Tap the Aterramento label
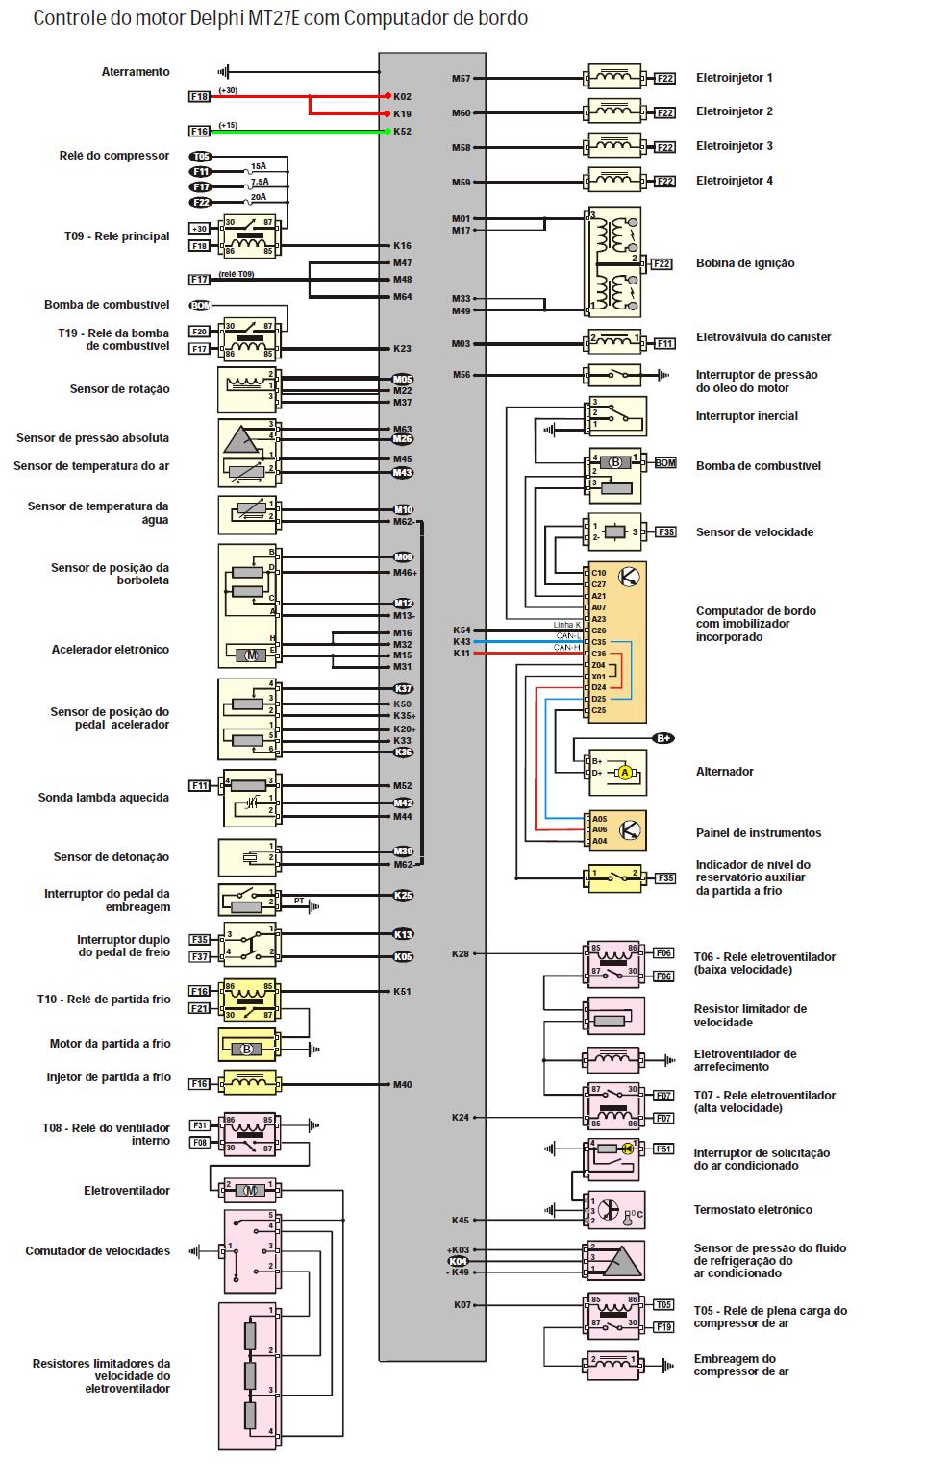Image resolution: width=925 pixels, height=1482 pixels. click(x=136, y=72)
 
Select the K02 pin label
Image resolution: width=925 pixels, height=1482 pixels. click(x=402, y=97)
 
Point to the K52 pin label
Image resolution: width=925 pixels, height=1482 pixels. click(x=402, y=132)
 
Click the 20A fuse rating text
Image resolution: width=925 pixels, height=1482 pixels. click(x=258, y=197)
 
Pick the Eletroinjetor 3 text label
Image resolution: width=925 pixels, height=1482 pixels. click(x=734, y=146)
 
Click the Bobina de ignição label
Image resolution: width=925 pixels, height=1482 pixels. click(x=745, y=263)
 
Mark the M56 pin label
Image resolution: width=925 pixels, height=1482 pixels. click(x=462, y=375)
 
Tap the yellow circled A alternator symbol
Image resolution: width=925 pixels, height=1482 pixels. click(x=624, y=772)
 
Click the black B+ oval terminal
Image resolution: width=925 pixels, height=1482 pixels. click(x=663, y=738)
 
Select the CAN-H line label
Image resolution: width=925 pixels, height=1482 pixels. click(x=566, y=648)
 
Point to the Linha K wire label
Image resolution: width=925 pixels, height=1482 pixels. click(x=566, y=625)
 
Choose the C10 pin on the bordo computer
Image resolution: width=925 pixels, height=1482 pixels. click(x=598, y=573)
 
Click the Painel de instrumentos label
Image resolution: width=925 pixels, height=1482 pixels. click(x=759, y=833)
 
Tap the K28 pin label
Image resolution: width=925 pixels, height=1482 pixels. click(x=462, y=953)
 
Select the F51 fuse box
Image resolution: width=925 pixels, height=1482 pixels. click(x=663, y=1149)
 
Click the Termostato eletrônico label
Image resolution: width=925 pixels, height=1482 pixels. click(x=753, y=1210)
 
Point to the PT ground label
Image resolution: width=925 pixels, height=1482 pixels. click(x=299, y=902)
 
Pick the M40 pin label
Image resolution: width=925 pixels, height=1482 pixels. click(x=402, y=1085)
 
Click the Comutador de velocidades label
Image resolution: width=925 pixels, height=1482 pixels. click(x=97, y=1251)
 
